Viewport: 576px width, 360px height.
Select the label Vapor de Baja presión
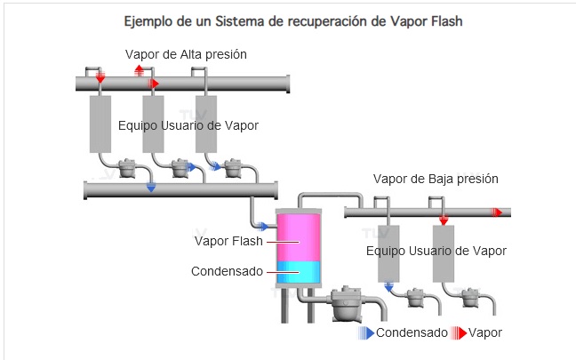pos(436,179)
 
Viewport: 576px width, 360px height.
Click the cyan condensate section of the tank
pos(300,271)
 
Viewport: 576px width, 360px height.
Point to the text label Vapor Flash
pos(226,240)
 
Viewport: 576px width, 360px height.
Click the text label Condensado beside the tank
pos(227,271)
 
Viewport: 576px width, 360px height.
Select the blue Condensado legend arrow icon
pos(365,332)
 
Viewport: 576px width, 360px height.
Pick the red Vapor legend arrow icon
pos(459,332)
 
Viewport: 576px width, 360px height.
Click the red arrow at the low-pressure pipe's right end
pos(498,212)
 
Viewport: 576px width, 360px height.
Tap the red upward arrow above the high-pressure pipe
pos(139,68)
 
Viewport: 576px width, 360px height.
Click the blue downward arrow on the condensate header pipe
pos(151,187)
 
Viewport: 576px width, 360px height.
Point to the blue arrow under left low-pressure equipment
pos(389,286)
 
